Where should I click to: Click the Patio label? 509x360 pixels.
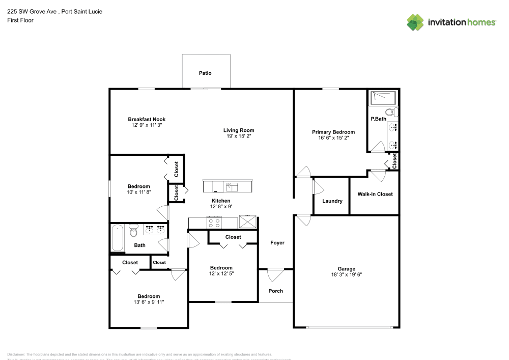(205, 73)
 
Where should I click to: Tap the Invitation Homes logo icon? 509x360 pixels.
(415, 22)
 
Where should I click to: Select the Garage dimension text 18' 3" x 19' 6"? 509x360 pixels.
(346, 274)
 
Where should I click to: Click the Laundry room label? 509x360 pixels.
(332, 201)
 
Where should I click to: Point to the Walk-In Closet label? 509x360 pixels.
(375, 194)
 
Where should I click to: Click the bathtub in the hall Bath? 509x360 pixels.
(118, 238)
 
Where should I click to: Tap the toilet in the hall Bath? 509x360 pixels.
(134, 231)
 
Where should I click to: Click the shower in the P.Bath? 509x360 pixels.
(385, 97)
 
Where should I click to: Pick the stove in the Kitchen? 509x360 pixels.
(213, 223)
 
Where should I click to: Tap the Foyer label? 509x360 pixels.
(277, 243)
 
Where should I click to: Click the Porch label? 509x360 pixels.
(275, 291)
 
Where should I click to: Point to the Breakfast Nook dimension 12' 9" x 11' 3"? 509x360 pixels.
(147, 125)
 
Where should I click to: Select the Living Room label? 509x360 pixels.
(239, 130)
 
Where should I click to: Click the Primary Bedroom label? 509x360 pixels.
(333, 132)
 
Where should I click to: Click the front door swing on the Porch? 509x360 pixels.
(275, 275)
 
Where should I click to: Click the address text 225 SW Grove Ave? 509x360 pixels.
(31, 11)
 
